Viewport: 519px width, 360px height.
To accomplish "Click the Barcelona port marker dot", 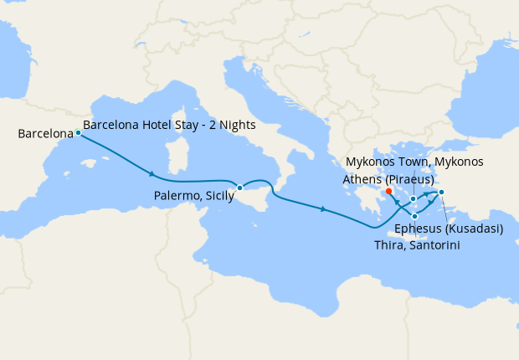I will point(78,132).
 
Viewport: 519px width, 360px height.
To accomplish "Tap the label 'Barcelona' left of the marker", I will point(44,133).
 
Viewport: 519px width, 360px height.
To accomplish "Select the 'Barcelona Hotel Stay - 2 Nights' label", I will point(169,125).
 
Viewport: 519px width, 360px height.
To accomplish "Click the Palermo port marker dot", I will point(239,188).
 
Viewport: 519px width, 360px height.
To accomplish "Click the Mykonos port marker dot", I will point(414,198).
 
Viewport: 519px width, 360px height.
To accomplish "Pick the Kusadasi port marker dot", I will point(441,193).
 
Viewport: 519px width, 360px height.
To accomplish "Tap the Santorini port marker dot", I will point(414,217).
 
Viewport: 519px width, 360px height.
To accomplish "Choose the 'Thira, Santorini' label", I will point(417,244).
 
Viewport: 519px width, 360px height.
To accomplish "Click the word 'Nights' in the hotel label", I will point(238,125).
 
